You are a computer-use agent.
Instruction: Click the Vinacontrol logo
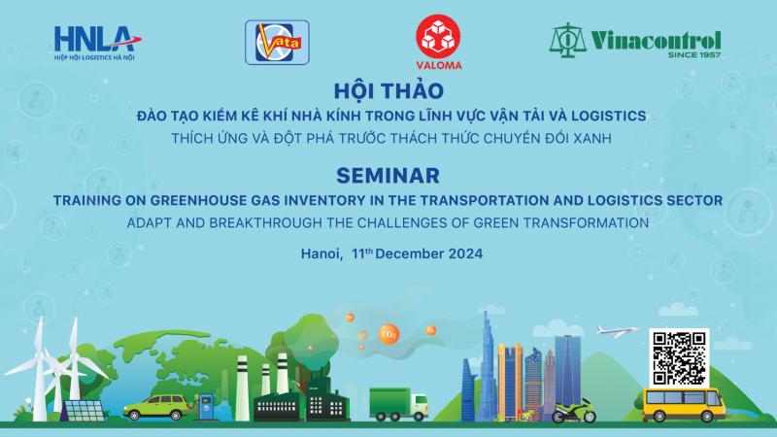[x=635, y=42]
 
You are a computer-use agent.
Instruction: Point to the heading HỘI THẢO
[x=388, y=91]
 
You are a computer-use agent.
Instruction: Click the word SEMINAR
[x=388, y=176]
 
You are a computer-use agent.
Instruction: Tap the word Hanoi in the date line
[x=321, y=254]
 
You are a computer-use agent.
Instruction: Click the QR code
[x=679, y=357]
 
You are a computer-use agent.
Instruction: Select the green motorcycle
[x=573, y=412]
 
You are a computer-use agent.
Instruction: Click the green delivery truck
[x=398, y=403]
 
